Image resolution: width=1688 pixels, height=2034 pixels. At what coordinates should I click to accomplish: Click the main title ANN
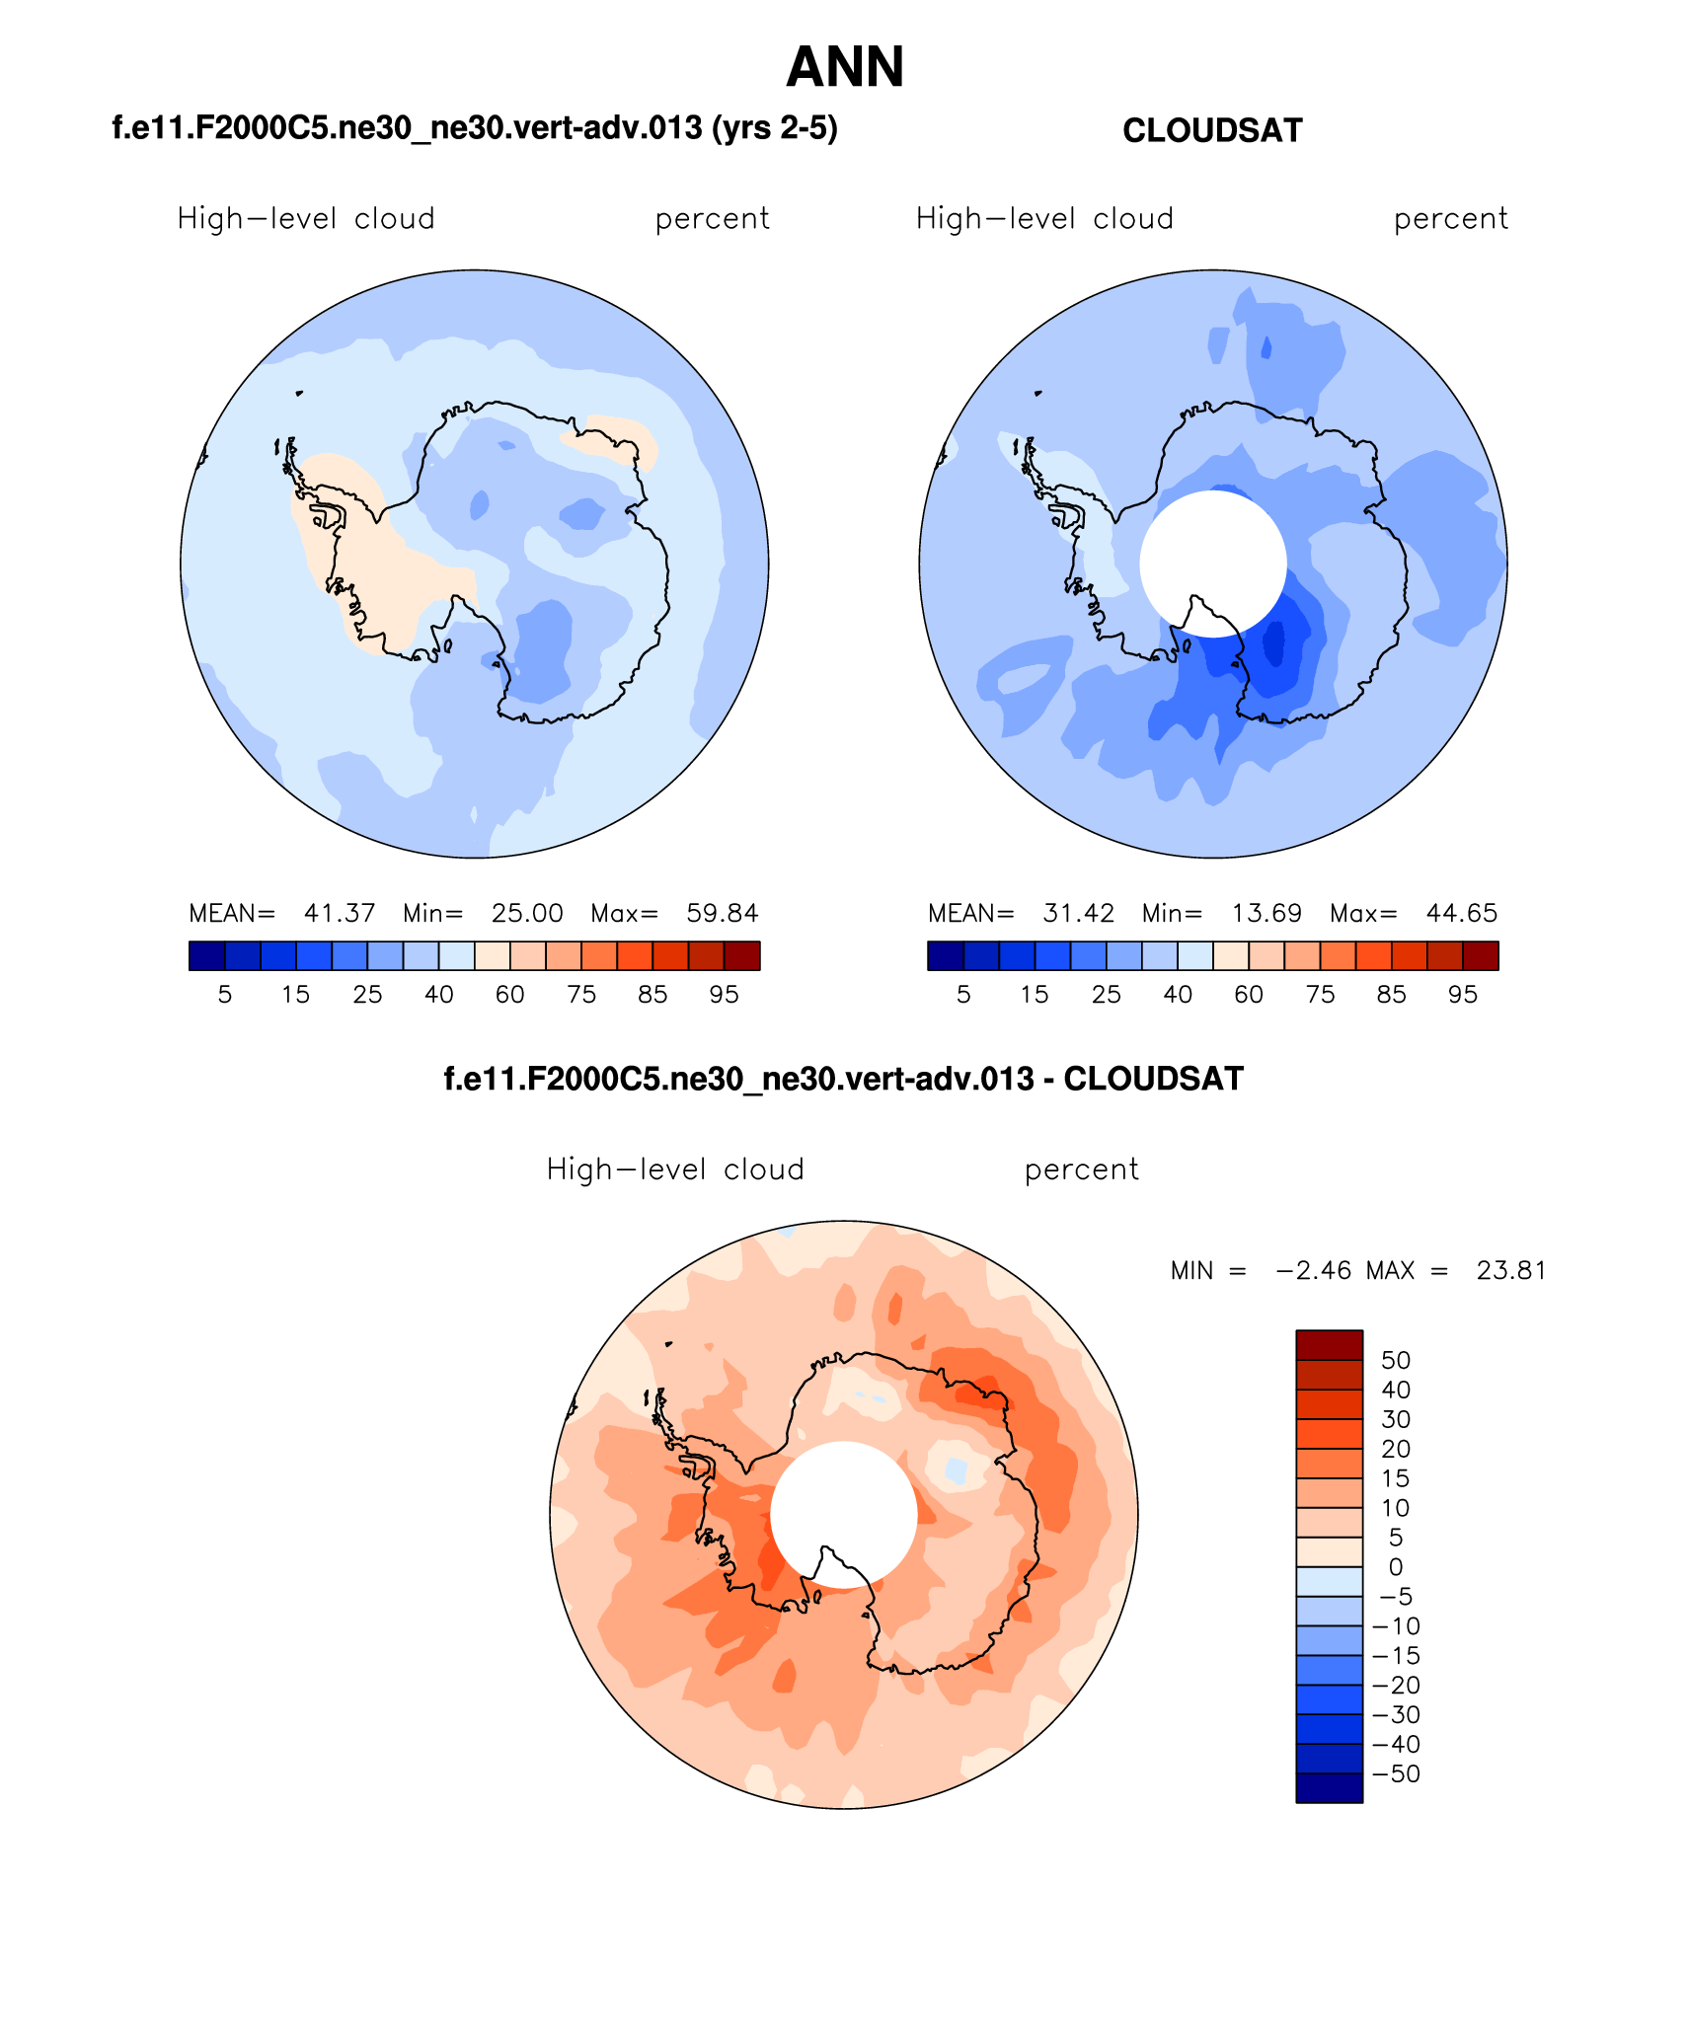coord(845,67)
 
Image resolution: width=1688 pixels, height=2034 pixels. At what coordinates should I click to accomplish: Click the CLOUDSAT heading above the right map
coord(1212,130)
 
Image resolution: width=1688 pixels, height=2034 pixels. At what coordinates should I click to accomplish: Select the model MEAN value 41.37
coord(340,913)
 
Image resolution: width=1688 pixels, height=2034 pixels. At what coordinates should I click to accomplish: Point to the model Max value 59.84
coord(723,913)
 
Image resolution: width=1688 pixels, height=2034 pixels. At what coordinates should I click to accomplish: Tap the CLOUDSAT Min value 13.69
coord(1266,913)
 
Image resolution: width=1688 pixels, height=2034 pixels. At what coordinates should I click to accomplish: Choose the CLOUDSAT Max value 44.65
coord(1461,913)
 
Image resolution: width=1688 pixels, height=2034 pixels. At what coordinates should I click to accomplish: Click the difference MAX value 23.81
coord(1510,1270)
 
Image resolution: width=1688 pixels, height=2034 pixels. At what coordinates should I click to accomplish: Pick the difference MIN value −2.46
coord(1314,1270)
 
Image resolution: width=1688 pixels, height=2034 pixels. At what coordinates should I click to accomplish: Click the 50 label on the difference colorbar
coord(1396,1360)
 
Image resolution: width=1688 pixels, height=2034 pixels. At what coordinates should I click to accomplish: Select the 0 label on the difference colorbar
coord(1396,1566)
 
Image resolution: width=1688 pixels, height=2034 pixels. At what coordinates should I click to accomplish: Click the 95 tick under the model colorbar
coord(724,995)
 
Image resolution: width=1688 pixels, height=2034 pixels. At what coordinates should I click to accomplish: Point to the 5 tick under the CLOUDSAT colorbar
coord(963,995)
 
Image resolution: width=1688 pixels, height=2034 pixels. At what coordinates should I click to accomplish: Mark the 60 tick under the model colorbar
coord(509,995)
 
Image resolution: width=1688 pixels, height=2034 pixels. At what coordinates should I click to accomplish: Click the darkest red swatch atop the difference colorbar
coord(1329,1345)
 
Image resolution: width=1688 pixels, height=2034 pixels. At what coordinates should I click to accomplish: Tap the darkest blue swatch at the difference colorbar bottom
coord(1329,1788)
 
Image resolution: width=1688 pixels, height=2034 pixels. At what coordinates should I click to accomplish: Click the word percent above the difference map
coord(1081,1169)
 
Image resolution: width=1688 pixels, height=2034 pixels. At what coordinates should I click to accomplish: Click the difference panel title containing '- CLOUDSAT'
coord(843,1079)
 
